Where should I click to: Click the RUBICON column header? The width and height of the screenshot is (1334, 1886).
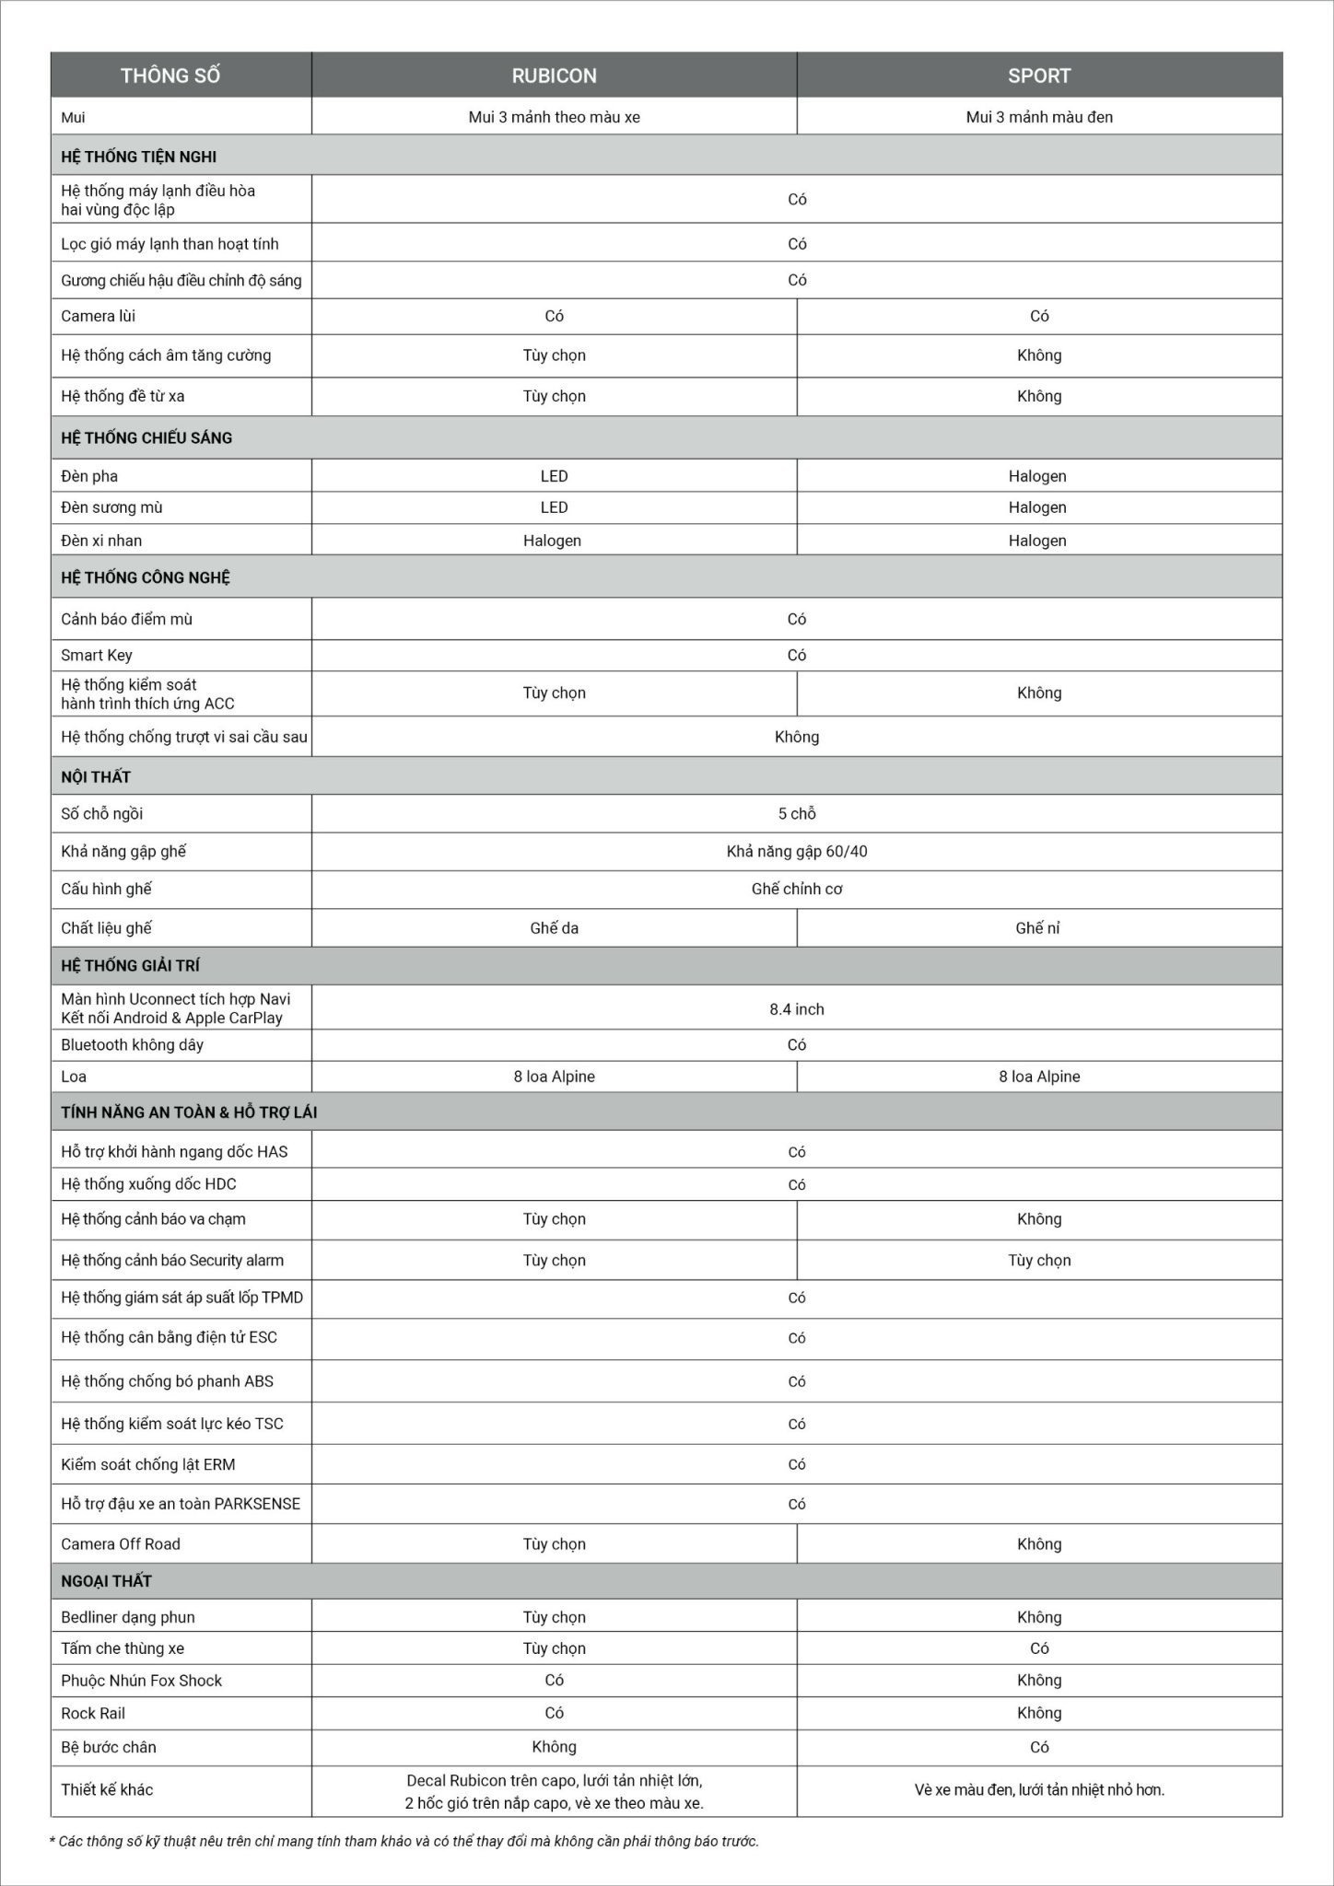[554, 76]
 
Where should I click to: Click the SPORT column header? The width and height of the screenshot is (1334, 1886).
[1039, 76]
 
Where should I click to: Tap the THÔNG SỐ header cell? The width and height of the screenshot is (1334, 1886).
[170, 76]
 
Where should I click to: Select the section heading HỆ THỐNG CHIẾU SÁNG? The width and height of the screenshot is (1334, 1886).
[146, 437]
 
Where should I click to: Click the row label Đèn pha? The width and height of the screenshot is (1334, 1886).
[89, 476]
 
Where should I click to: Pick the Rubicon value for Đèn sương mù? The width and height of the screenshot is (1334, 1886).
[554, 507]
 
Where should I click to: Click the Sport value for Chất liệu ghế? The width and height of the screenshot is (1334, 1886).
[1037, 928]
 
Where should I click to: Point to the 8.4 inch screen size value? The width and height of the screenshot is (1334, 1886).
[797, 1009]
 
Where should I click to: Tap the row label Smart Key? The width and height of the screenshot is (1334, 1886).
[97, 656]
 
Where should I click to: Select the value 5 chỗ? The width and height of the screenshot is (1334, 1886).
[797, 814]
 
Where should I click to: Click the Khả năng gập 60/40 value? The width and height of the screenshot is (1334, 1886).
[797, 852]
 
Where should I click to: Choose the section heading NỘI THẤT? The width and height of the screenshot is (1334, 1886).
[96, 777]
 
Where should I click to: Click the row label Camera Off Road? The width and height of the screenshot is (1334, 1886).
[121, 1544]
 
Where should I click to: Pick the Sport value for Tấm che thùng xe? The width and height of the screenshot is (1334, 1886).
[1039, 1648]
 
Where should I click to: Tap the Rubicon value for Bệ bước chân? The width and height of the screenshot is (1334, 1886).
[554, 1747]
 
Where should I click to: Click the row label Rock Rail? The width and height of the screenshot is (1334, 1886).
[93, 1714]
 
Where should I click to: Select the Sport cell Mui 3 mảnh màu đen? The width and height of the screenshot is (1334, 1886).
[1039, 117]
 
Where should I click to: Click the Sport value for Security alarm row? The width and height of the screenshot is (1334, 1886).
[1039, 1261]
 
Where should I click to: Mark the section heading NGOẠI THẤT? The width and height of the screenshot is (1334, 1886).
[106, 1581]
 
